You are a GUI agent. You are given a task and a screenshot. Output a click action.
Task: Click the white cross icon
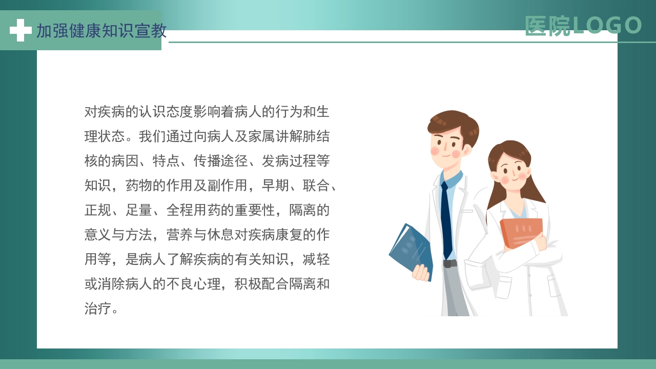(x=20, y=30)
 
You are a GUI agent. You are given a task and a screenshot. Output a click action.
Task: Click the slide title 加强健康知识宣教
(x=101, y=31)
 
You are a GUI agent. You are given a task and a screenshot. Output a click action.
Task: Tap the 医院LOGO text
(x=583, y=26)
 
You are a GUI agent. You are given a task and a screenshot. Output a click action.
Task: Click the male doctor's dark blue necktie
(x=446, y=218)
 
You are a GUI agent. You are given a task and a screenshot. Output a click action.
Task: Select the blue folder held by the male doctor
(x=410, y=249)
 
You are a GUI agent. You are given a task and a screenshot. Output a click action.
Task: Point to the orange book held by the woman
(x=520, y=232)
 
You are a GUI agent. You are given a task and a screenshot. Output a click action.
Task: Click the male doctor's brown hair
(x=454, y=123)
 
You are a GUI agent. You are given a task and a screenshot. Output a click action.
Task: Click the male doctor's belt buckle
(x=449, y=263)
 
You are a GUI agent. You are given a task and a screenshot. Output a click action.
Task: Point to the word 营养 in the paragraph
(x=179, y=235)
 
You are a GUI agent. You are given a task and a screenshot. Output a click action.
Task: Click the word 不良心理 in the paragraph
(x=193, y=284)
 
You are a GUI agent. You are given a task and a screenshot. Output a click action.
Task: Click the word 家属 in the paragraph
(x=261, y=137)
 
